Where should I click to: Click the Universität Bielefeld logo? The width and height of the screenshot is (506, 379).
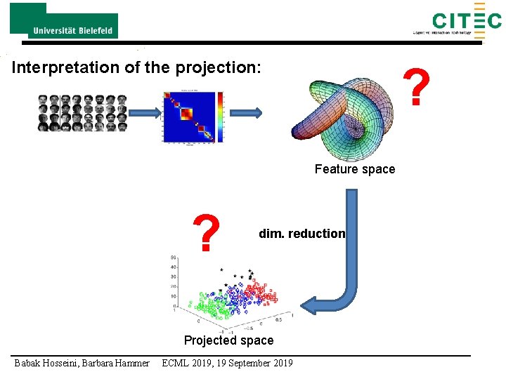click(64, 21)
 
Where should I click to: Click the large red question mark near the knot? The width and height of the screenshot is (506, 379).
click(418, 88)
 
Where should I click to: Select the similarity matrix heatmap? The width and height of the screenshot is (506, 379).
click(189, 117)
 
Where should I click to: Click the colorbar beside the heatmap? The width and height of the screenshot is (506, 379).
click(221, 117)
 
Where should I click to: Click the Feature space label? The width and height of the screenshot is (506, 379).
click(355, 169)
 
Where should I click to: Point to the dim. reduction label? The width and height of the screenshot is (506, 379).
click(302, 234)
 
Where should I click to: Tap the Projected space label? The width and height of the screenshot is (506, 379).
click(228, 340)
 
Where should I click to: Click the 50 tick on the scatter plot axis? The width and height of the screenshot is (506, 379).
click(173, 258)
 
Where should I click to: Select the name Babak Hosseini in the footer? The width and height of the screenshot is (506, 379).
click(46, 363)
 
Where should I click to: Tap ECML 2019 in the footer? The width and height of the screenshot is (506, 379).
click(188, 363)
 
